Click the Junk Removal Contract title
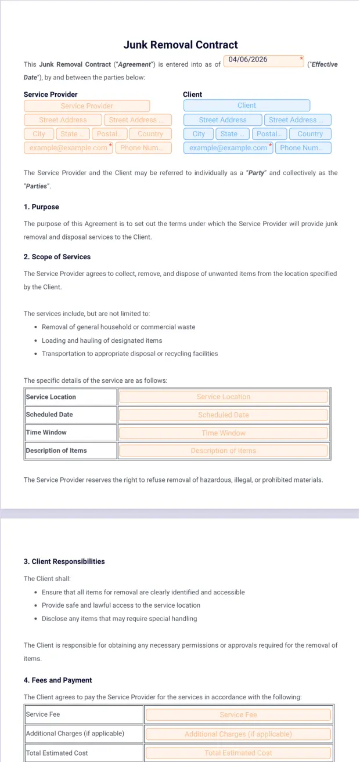click(x=181, y=45)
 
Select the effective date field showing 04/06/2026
click(x=264, y=60)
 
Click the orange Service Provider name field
click(x=87, y=106)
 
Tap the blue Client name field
click(x=246, y=106)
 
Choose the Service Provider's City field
click(x=39, y=134)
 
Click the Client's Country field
click(x=309, y=134)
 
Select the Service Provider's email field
click(x=69, y=148)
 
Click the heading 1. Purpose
click(x=41, y=207)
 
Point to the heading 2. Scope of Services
click(x=57, y=257)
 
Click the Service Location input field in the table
click(x=224, y=397)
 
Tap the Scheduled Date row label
click(x=49, y=415)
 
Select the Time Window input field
click(x=224, y=433)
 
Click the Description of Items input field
click(x=224, y=451)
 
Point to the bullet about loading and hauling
click(x=102, y=341)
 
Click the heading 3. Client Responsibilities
click(x=64, y=561)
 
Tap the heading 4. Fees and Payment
click(x=57, y=680)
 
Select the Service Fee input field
click(x=238, y=715)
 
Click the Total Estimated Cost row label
click(x=57, y=753)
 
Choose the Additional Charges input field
click(x=238, y=734)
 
